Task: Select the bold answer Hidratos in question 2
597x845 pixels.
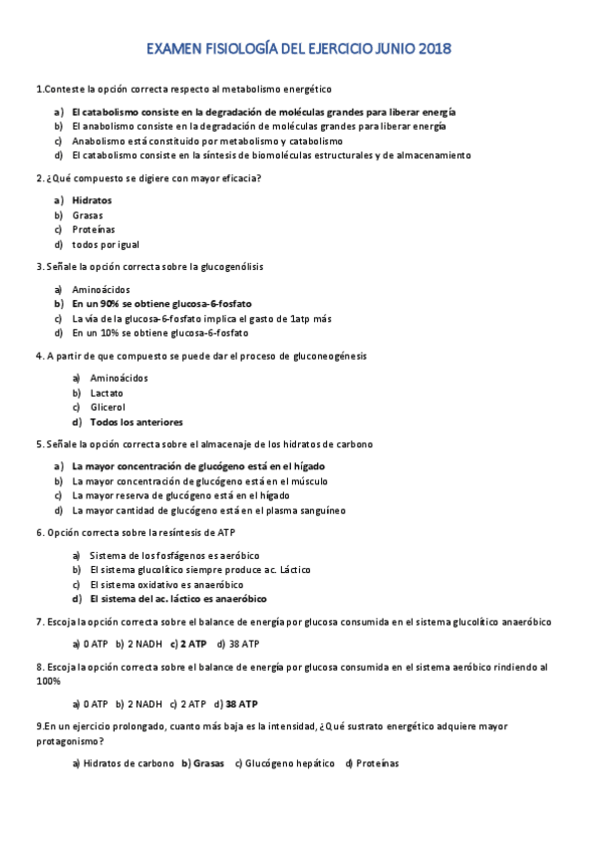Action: click(92, 199)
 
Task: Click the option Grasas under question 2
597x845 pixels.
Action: click(88, 214)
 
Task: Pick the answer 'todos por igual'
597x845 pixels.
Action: click(106, 244)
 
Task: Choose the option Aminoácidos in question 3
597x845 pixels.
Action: click(101, 289)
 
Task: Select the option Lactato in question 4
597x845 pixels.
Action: click(107, 393)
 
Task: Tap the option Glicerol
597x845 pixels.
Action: click(108, 407)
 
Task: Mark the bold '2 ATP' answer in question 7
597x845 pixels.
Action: click(193, 643)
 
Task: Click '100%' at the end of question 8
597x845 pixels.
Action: click(48, 682)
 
